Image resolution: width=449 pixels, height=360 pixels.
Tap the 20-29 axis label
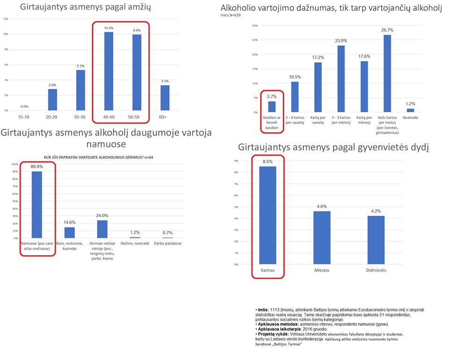tap(52, 117)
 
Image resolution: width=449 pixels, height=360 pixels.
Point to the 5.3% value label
tap(80, 66)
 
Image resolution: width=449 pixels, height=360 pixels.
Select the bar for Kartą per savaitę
tap(318, 87)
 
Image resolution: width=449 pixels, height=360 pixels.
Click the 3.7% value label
tap(272, 96)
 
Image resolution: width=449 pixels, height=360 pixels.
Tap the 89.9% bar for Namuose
tap(36, 205)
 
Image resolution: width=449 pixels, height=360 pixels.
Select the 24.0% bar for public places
tap(102, 229)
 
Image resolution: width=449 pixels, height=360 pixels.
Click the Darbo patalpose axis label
tap(168, 243)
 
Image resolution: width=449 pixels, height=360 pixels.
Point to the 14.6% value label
tap(69, 222)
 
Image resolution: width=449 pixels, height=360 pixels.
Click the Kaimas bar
tap(268, 215)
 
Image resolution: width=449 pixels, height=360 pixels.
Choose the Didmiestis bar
tap(376, 240)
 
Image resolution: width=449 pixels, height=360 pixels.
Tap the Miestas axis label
tap(322, 271)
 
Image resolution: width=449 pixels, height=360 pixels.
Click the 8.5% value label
tap(268, 162)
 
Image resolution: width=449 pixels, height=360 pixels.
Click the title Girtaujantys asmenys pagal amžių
tap(85, 7)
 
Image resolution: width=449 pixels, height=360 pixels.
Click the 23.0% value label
tap(341, 41)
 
